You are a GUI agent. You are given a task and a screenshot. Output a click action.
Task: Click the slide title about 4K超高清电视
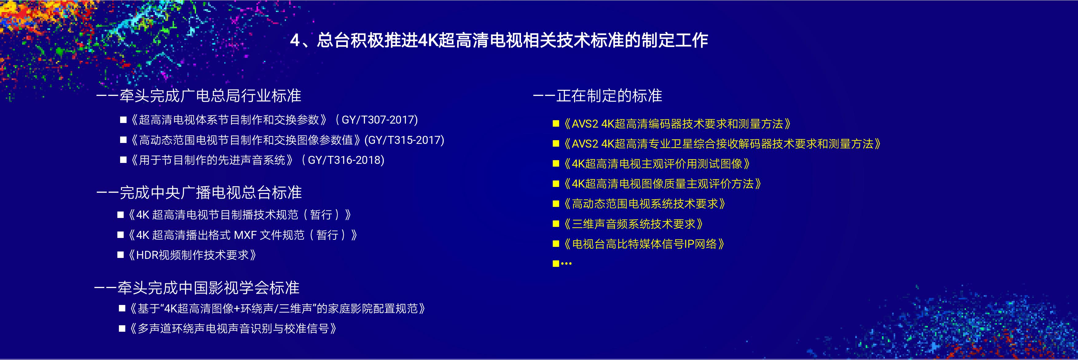(499, 40)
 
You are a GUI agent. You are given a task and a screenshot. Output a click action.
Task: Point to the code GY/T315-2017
(404, 140)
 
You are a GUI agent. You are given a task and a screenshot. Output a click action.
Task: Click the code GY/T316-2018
(346, 160)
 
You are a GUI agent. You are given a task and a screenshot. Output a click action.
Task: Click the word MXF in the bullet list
(245, 235)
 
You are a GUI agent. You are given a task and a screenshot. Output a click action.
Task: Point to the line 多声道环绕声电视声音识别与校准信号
(233, 329)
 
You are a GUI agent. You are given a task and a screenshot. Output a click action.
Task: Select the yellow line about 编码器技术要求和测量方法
(677, 124)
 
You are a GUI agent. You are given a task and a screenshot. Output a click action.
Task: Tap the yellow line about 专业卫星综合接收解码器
(722, 144)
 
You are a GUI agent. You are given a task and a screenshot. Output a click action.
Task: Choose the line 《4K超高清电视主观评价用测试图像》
(656, 164)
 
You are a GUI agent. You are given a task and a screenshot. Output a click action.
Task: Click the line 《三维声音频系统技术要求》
(633, 224)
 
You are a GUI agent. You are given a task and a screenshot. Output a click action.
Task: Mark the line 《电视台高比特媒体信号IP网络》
(644, 244)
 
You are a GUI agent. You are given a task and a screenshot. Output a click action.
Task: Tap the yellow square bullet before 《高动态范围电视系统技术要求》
(556, 204)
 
